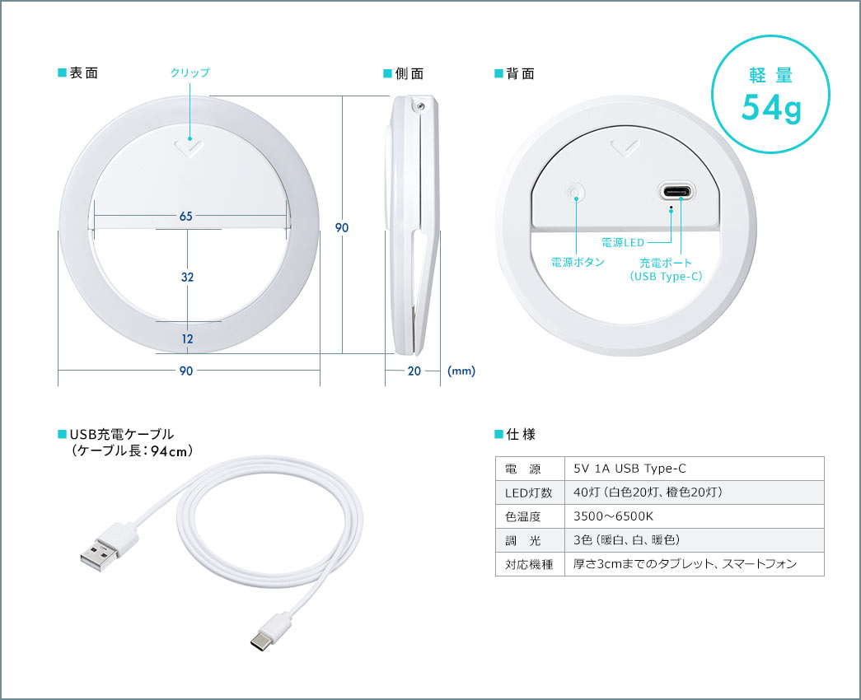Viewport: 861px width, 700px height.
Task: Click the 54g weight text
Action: point(771,108)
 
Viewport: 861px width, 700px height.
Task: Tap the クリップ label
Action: point(190,72)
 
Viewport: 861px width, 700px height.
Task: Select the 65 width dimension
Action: point(186,217)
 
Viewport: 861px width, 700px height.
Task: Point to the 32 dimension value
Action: point(187,277)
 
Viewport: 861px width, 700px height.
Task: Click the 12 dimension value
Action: point(187,338)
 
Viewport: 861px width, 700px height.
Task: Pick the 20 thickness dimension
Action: point(414,371)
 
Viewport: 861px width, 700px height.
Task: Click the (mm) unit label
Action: point(461,371)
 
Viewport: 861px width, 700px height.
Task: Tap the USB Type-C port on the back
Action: point(676,192)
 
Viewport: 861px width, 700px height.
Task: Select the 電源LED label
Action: point(623,242)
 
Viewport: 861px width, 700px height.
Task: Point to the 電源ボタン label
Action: point(578,263)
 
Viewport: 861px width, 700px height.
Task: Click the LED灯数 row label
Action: point(529,492)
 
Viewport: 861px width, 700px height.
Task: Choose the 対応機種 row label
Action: point(529,564)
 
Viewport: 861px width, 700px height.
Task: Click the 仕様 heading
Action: point(521,435)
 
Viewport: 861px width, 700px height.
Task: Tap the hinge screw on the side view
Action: point(421,106)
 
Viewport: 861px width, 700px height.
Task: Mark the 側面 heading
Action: point(409,73)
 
